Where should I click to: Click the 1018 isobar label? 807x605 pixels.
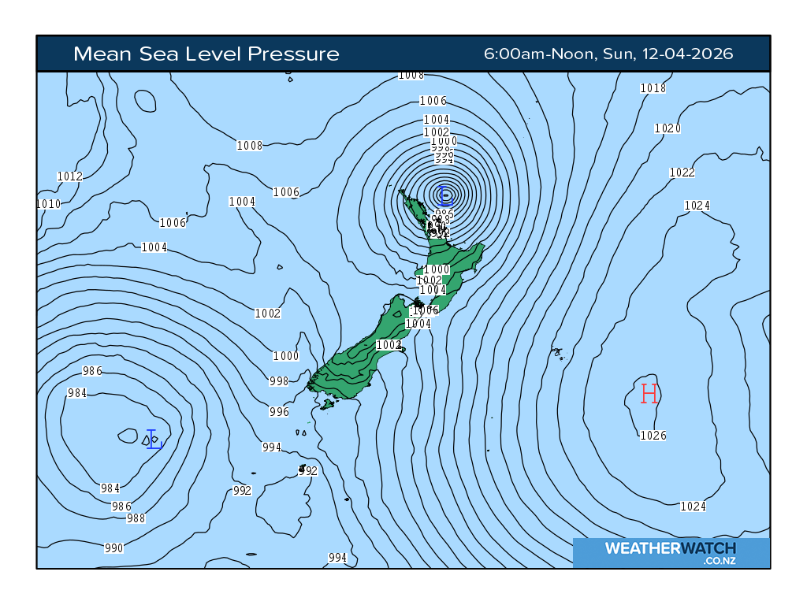pyautogui.click(x=653, y=88)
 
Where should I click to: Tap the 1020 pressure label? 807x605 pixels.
pyautogui.click(x=668, y=128)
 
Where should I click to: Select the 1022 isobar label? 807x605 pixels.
pyautogui.click(x=682, y=173)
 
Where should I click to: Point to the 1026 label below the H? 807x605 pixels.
pyautogui.click(x=653, y=436)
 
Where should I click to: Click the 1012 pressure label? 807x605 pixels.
pyautogui.click(x=70, y=176)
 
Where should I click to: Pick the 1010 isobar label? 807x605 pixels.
pyautogui.click(x=49, y=204)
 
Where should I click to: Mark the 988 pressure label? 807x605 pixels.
pyautogui.click(x=136, y=518)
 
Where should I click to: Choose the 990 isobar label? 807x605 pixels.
pyautogui.click(x=114, y=548)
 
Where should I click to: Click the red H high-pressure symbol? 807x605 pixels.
pyautogui.click(x=649, y=393)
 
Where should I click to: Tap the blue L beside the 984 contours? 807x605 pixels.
pyautogui.click(x=154, y=440)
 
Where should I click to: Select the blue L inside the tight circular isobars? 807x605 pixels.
pyautogui.click(x=445, y=194)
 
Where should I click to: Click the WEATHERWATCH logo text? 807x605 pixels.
pyautogui.click(x=670, y=548)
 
